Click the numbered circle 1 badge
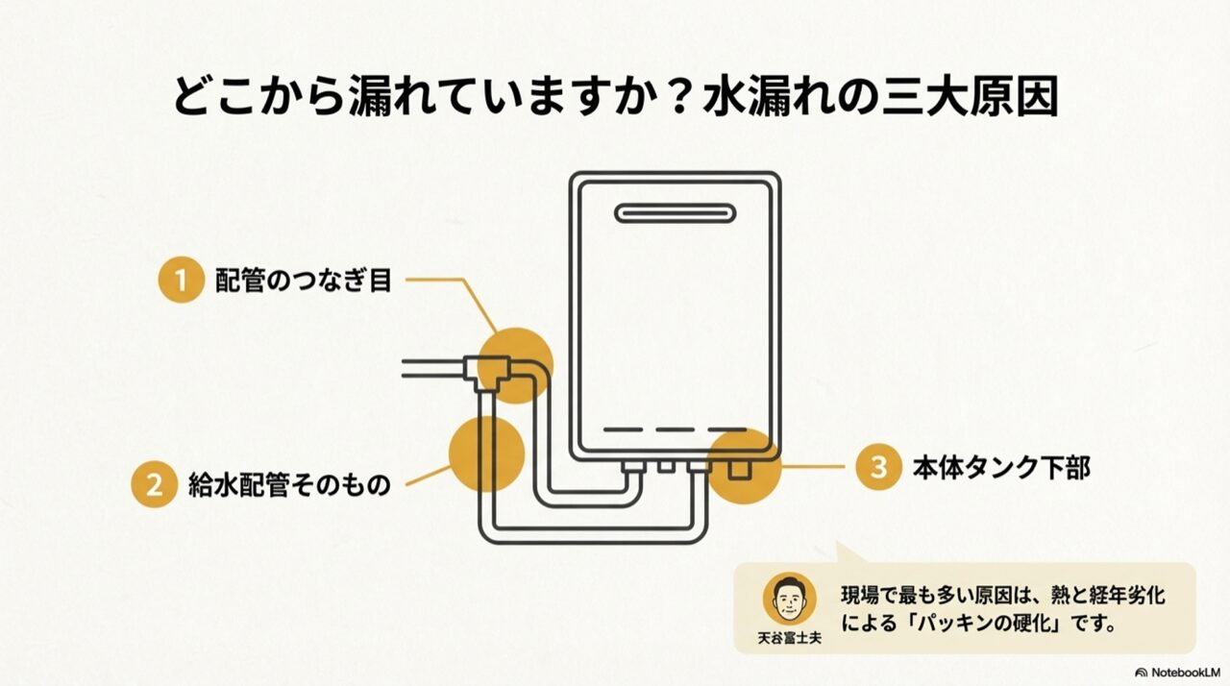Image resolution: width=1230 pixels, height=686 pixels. click(x=182, y=280)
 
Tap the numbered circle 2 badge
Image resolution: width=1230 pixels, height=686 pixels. click(x=155, y=484)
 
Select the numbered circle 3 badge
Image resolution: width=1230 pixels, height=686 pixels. click(x=878, y=467)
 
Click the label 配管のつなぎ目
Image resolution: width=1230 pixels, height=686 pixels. click(x=303, y=281)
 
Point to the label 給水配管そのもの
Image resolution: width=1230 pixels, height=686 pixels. click(x=289, y=485)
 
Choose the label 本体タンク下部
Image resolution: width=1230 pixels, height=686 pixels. click(x=1001, y=468)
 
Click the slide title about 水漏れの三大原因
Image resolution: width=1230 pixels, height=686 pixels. click(x=616, y=97)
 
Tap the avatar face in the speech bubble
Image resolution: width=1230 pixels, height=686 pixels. click(x=789, y=599)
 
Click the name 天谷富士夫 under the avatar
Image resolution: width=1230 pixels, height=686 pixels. click(x=789, y=638)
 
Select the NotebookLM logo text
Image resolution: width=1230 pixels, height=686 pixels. click(x=1177, y=673)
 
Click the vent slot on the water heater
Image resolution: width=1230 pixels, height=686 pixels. click(x=675, y=213)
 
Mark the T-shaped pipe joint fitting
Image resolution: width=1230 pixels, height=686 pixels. click(x=486, y=373)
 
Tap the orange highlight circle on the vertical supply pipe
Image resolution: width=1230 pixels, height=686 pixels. click(x=486, y=453)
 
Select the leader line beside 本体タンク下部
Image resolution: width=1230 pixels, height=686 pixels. click(x=813, y=467)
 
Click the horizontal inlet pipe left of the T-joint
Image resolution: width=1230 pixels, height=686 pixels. click(x=432, y=368)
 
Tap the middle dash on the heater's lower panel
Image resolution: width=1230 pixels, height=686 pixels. click(x=675, y=429)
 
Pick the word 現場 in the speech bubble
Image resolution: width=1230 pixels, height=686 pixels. click(x=862, y=596)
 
